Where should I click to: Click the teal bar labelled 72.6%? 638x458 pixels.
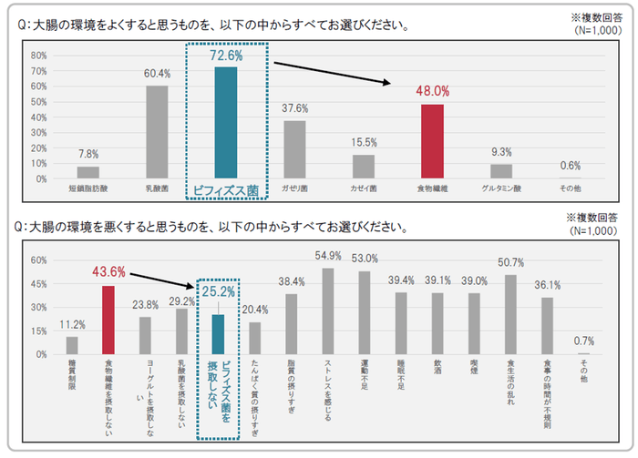[225, 123]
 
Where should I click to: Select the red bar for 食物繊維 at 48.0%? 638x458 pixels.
[432, 141]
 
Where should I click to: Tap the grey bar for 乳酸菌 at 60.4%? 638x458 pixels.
[157, 132]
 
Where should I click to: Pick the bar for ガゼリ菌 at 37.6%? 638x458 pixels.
[294, 149]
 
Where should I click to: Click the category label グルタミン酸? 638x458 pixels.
[500, 188]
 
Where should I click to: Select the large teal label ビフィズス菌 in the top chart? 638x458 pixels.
[226, 189]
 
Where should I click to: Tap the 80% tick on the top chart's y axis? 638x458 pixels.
[39, 55]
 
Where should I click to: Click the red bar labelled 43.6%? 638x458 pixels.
[108, 320]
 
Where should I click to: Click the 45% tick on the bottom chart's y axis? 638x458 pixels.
[39, 283]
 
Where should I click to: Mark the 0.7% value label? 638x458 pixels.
[583, 341]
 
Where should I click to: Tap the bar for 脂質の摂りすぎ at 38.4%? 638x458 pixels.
[292, 323]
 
